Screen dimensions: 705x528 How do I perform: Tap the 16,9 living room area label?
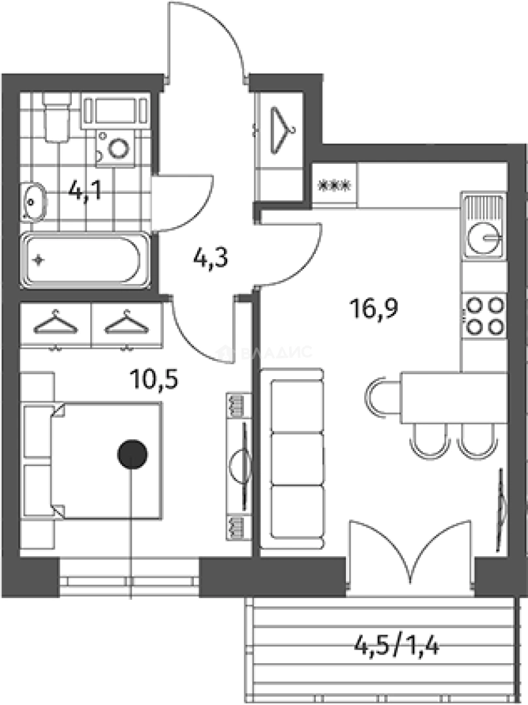click(x=372, y=307)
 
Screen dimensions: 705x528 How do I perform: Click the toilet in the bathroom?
click(x=56, y=117)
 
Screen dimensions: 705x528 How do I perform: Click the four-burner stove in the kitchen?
click(x=484, y=315)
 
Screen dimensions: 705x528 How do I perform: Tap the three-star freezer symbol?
click(x=334, y=185)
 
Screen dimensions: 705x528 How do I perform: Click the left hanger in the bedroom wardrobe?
click(x=56, y=322)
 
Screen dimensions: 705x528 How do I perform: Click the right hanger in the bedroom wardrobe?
click(x=126, y=322)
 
